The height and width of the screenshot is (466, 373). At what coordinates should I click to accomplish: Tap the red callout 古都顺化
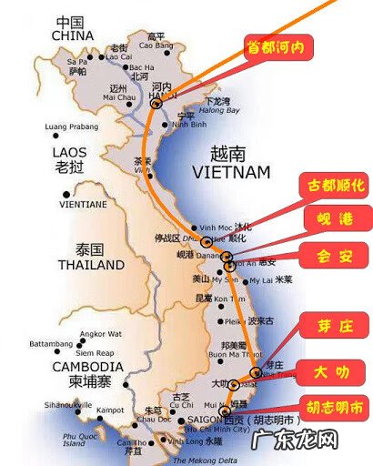(x=334, y=187)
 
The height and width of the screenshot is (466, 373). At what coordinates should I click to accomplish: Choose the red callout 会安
(x=337, y=255)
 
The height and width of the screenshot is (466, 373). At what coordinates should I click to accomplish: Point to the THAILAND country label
(x=89, y=266)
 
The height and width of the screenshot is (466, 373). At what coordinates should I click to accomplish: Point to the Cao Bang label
(x=155, y=44)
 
